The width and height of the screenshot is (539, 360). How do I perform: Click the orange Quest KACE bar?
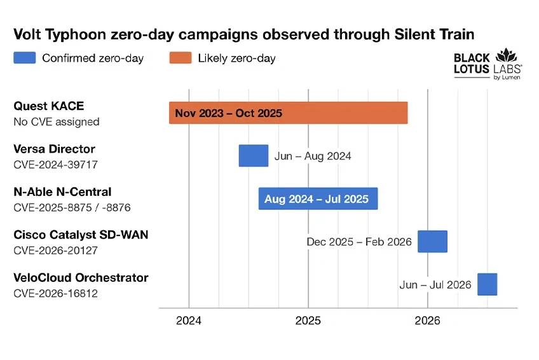(288, 113)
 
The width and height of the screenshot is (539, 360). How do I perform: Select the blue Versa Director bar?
(254, 156)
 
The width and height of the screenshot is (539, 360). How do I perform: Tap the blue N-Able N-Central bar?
(318, 198)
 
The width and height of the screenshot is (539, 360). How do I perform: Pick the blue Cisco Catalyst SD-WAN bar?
(432, 241)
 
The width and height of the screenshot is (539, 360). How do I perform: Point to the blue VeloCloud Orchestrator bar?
(487, 284)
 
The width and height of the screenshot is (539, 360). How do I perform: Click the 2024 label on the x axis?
(189, 321)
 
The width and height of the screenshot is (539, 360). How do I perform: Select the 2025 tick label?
(308, 321)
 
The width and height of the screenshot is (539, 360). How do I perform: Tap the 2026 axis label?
(427, 321)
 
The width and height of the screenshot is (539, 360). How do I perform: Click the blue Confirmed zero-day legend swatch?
(25, 58)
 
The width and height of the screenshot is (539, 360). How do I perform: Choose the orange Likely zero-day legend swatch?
(181, 58)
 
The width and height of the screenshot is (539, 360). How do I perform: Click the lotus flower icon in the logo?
(506, 55)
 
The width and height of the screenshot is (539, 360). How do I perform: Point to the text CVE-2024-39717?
(56, 165)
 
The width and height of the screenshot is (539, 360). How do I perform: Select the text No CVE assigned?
(57, 121)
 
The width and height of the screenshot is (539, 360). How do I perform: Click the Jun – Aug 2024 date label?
(313, 156)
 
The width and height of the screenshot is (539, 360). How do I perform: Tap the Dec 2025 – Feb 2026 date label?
(359, 242)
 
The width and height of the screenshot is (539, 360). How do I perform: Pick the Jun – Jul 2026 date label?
(435, 285)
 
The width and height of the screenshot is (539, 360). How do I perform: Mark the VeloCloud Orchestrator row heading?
(81, 277)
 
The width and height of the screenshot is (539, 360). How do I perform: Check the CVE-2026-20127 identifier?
(56, 251)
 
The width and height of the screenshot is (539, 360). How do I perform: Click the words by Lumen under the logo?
(507, 78)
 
